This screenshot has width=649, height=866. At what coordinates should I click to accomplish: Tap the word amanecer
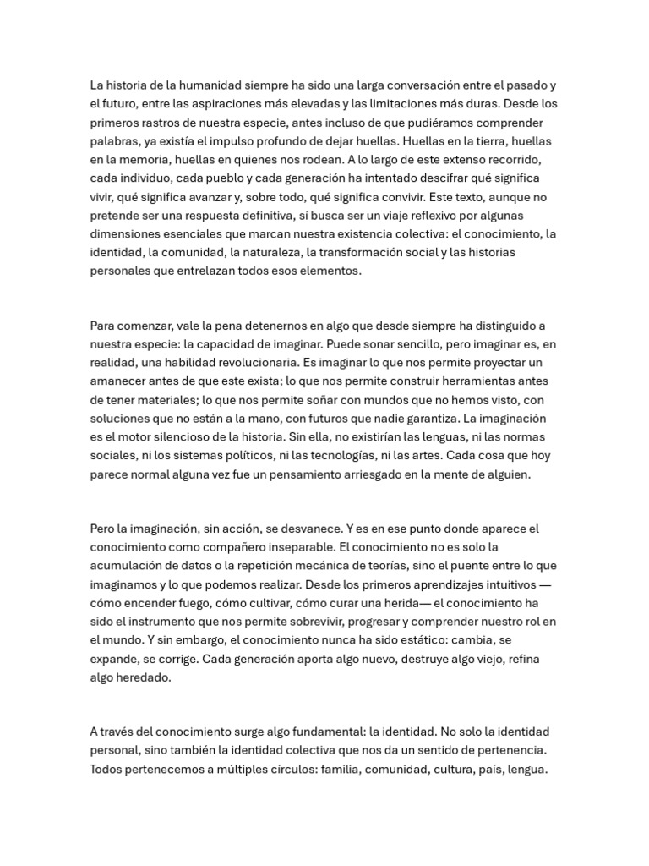click(x=119, y=381)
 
